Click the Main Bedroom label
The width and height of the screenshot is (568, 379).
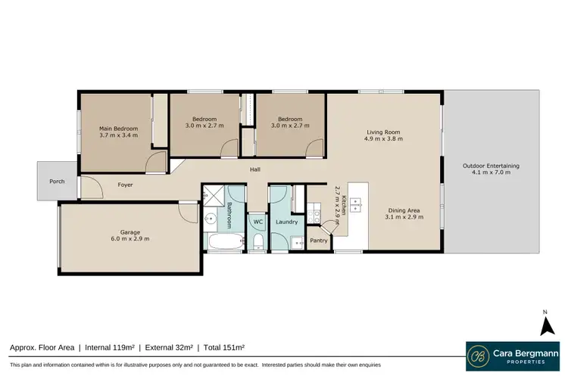click(118, 132)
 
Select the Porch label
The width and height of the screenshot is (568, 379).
click(57, 182)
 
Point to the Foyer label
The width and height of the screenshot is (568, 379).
click(125, 185)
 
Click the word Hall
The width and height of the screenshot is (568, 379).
click(255, 169)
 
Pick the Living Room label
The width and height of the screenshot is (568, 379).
click(382, 135)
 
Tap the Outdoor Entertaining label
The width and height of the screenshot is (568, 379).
click(491, 169)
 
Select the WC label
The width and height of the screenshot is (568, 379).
click(257, 222)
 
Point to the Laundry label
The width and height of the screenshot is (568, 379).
click(286, 222)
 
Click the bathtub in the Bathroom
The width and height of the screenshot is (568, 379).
click(225, 243)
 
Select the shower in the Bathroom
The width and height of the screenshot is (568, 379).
click(214, 194)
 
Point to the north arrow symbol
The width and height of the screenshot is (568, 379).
click(545, 325)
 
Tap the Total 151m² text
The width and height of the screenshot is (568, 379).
click(223, 347)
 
